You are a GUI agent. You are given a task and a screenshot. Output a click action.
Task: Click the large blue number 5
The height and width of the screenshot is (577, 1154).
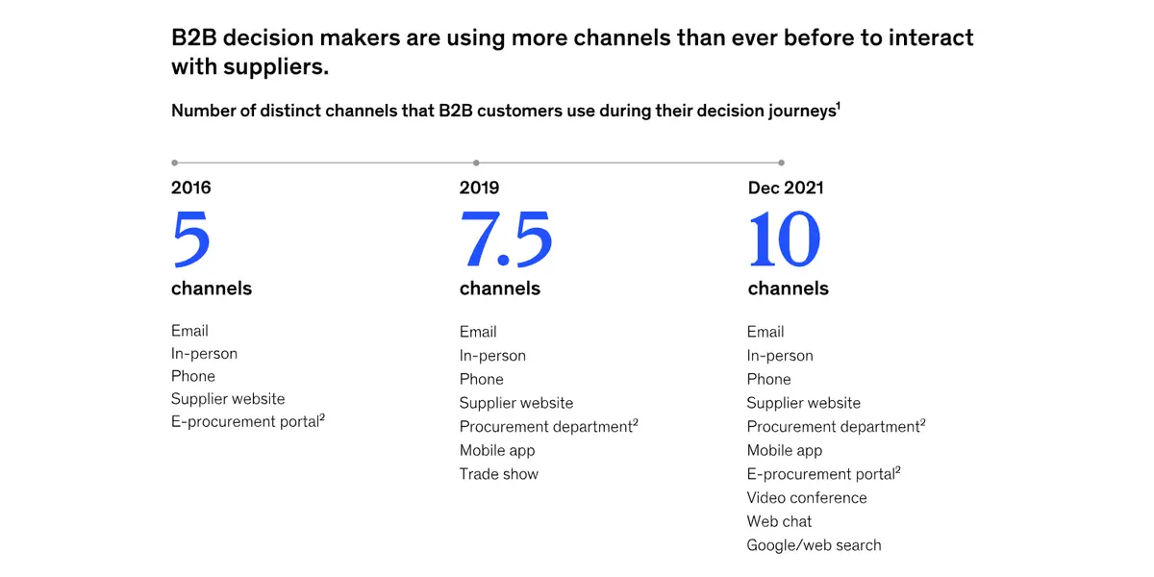pos(191,239)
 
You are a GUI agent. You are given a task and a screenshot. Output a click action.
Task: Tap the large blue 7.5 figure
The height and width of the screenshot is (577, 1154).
pos(506,239)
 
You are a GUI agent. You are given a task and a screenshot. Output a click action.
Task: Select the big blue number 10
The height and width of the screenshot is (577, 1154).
pos(784,239)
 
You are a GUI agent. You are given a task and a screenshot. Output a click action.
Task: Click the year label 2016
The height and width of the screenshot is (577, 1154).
pos(191,188)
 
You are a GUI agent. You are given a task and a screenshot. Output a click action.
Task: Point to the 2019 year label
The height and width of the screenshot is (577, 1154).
pos(479,188)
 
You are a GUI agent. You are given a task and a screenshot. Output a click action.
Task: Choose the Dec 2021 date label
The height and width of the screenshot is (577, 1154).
pos(786,188)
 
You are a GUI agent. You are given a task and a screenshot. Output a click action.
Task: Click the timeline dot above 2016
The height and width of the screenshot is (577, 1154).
pos(175,163)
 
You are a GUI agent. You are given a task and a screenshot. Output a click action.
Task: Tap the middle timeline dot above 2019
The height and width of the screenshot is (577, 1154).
pos(476,163)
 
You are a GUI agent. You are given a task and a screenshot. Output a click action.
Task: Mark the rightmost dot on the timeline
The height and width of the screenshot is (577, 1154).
pos(782,163)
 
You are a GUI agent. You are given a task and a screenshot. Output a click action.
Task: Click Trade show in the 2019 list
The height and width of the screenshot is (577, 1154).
pos(499,474)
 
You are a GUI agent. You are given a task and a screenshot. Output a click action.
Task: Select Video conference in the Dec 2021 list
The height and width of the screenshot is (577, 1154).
pos(807,498)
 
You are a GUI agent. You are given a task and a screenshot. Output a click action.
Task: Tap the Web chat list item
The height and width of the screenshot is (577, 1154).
pos(779,521)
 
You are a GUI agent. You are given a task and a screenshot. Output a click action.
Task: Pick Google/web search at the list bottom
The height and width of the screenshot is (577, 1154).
pos(814,545)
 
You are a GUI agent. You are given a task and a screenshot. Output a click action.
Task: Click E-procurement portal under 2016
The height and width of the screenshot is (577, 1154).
pos(248,421)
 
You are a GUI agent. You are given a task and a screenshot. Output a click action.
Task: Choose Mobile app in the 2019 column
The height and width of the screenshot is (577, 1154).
pos(497,451)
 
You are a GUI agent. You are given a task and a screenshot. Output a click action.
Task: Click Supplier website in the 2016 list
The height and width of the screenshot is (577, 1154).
pos(228,399)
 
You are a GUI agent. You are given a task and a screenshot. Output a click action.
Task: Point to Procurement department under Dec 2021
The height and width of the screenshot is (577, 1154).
pos(836,427)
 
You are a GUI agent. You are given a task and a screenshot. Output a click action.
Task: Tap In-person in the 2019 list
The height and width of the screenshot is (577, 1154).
pos(492,356)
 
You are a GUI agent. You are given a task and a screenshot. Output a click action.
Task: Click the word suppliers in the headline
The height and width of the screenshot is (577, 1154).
pos(276,67)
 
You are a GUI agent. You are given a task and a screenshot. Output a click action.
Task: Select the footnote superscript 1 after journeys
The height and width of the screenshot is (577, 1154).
pos(839,106)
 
